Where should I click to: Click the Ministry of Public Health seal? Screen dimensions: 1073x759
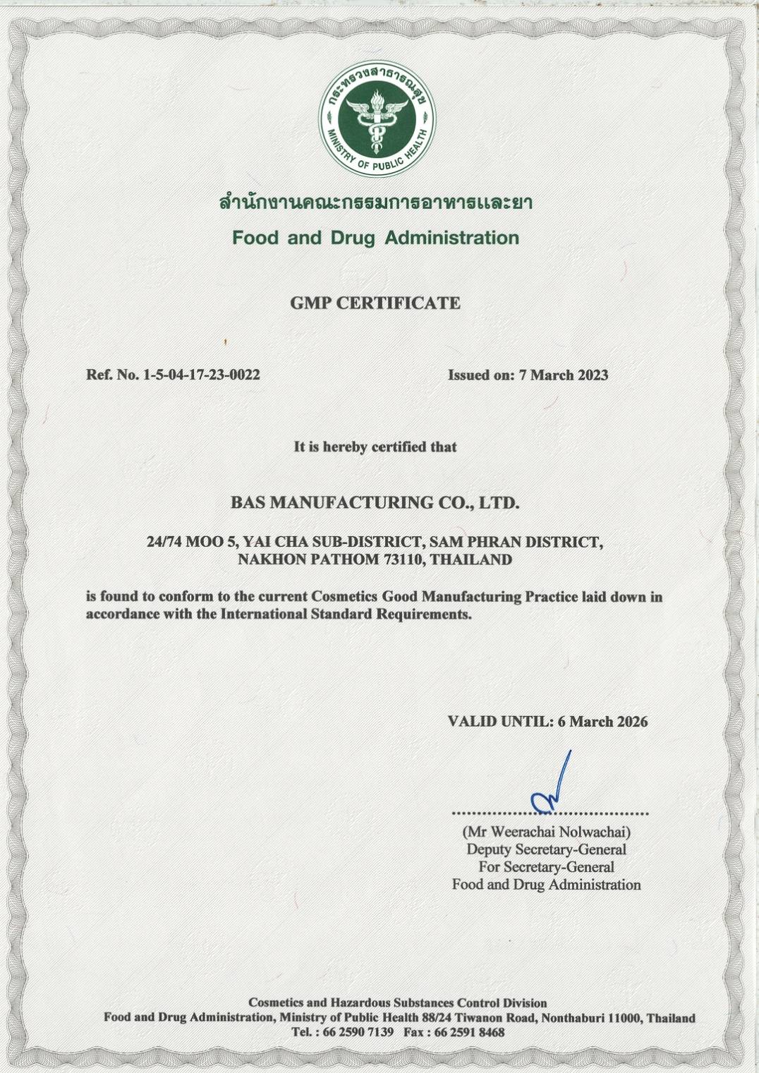[377, 119]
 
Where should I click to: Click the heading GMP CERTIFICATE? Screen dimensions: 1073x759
[375, 303]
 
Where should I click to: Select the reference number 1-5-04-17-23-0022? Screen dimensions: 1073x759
[202, 375]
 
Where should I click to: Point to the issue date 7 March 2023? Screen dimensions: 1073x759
[564, 375]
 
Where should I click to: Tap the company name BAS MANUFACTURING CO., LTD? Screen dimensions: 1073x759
[375, 503]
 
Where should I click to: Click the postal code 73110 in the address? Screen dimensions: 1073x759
[403, 560]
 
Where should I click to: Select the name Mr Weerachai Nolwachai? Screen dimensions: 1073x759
[547, 832]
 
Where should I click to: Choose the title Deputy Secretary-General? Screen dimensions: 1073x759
[547, 850]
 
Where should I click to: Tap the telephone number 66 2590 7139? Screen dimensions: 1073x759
[358, 1033]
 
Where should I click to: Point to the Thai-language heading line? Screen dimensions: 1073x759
[375, 203]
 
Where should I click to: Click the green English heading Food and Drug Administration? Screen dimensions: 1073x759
[375, 238]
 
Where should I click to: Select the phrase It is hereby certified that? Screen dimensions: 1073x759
[375, 447]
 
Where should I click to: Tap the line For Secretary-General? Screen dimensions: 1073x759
[547, 867]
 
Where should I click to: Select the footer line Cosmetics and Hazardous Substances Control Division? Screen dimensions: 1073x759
[398, 1003]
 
